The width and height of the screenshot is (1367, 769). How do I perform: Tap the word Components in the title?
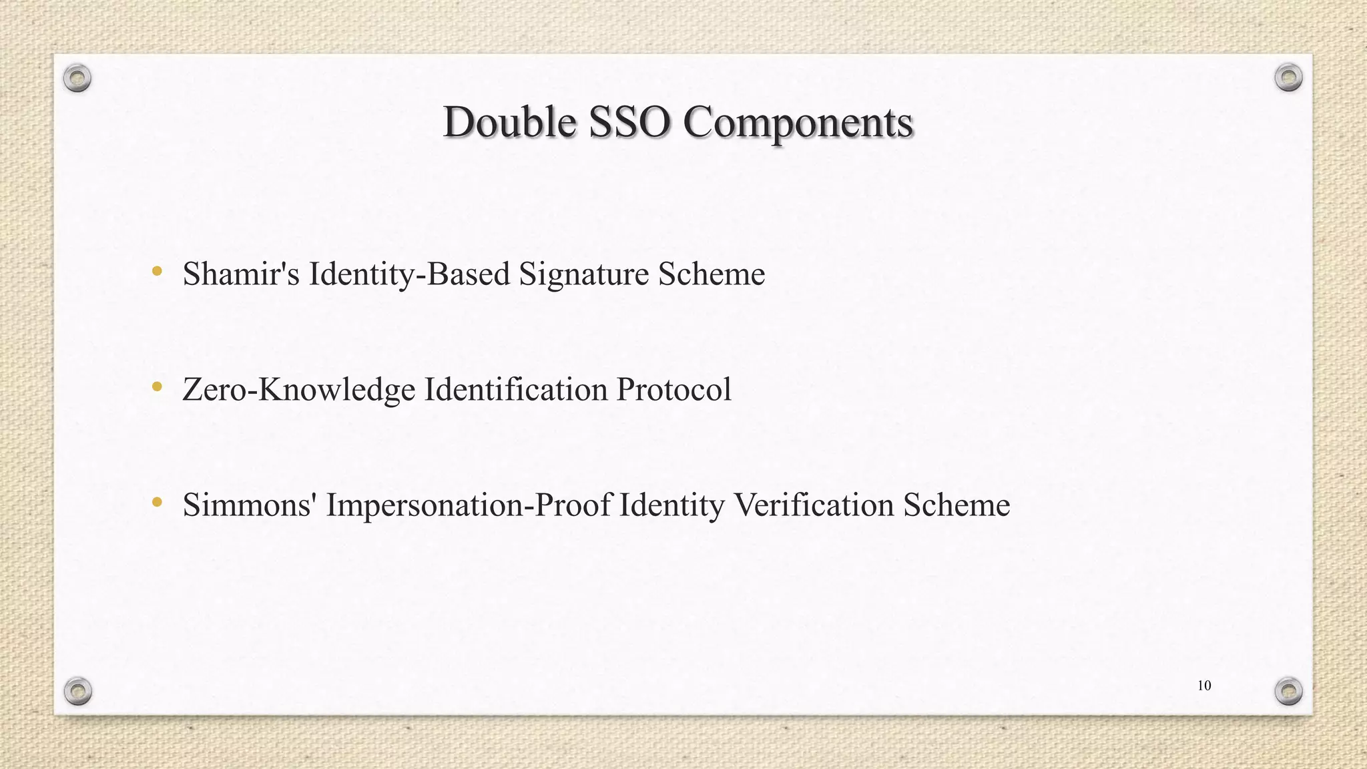point(798,123)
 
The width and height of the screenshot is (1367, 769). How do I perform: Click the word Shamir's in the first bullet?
point(241,274)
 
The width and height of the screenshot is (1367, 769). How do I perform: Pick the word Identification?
point(516,389)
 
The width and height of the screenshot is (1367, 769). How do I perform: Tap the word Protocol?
point(673,389)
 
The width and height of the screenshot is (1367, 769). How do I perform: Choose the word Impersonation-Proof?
point(468,505)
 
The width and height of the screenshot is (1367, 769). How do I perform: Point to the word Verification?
point(814,505)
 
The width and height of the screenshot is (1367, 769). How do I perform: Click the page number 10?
point(1204,686)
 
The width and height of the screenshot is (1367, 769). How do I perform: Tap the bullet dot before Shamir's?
point(157,271)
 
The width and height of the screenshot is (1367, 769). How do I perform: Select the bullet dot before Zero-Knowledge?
point(157,387)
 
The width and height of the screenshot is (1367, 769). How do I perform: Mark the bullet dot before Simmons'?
point(157,502)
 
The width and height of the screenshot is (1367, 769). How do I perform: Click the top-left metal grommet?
point(77,79)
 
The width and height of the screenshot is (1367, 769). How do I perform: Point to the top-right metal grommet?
point(1288,78)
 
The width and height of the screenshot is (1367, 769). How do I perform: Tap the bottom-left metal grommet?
point(77,691)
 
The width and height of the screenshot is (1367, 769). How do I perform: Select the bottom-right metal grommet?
point(1288,691)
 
